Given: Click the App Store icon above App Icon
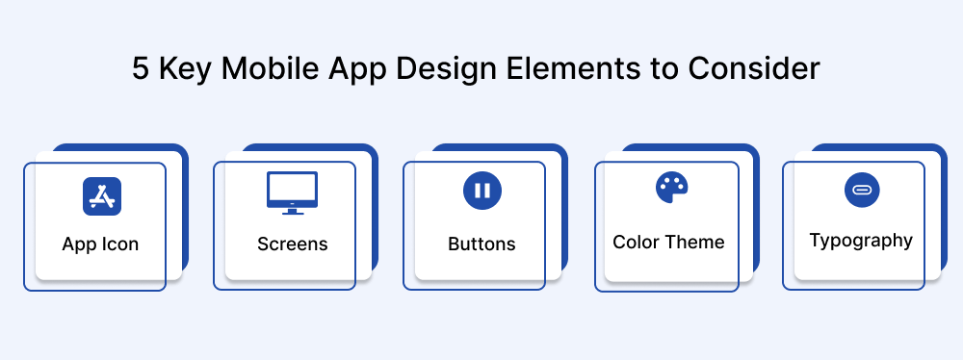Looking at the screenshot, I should (x=101, y=195).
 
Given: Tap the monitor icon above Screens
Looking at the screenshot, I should (x=292, y=191).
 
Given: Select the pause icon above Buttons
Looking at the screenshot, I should (x=481, y=190).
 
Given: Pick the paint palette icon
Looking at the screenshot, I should (x=671, y=188).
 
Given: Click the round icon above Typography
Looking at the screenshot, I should (x=862, y=190).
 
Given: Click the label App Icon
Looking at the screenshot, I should (x=100, y=244).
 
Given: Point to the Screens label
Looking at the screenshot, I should (x=292, y=244).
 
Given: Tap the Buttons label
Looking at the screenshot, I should (x=481, y=244).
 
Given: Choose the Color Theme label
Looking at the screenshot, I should (x=668, y=242).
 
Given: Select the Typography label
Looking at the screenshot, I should (x=861, y=241).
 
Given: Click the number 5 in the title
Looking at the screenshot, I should (x=142, y=70).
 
